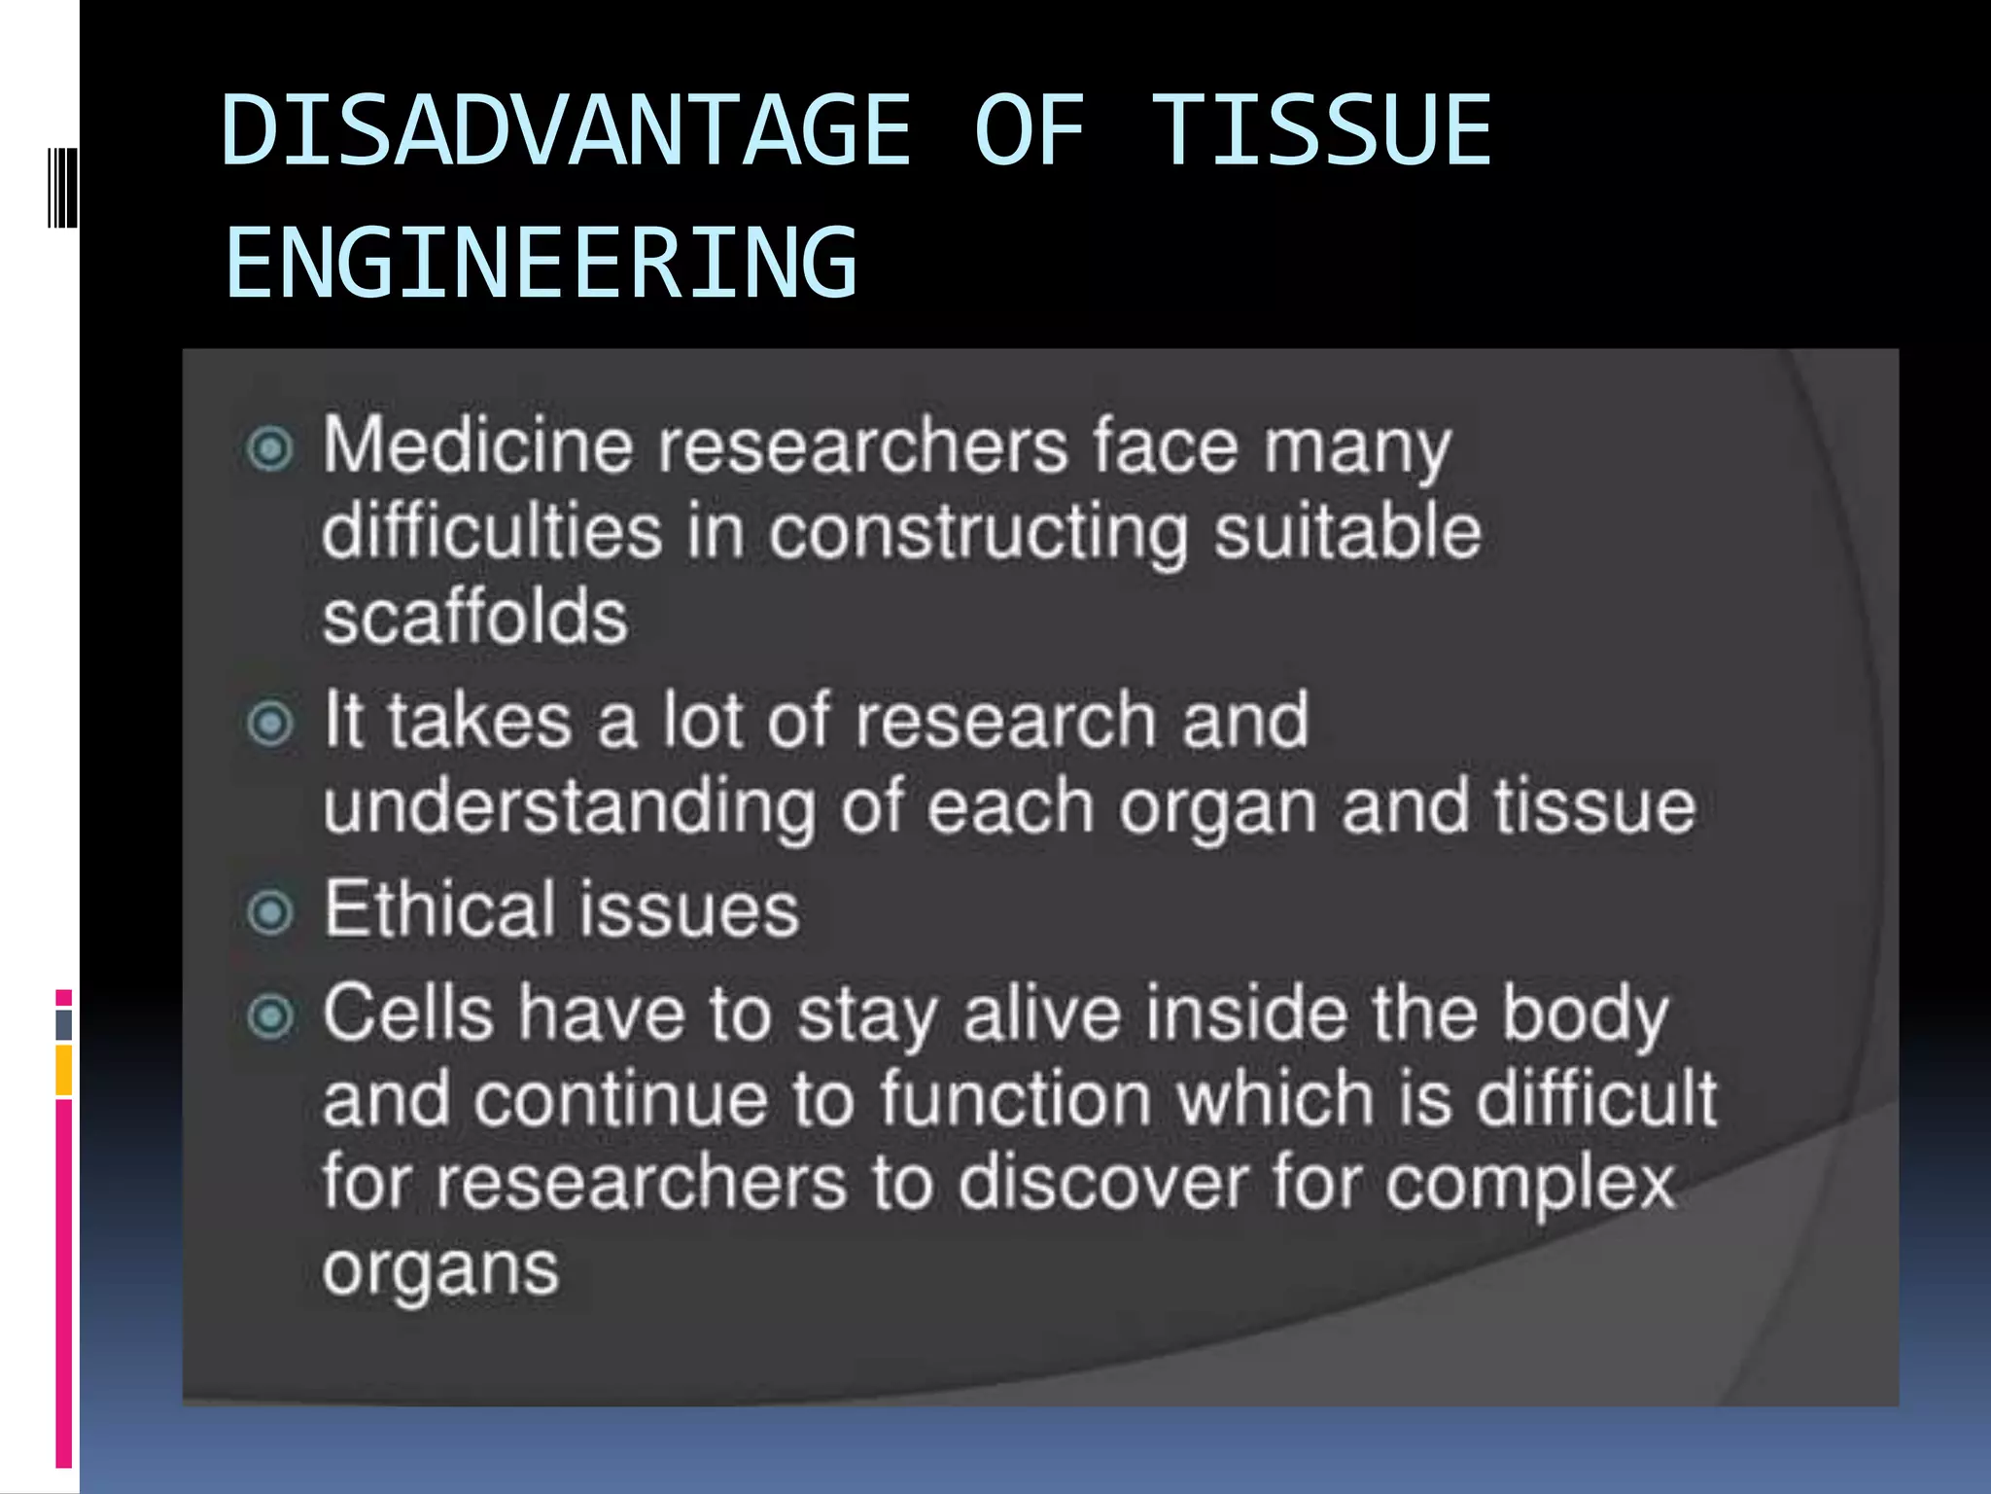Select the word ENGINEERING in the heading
point(541,262)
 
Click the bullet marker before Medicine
point(269,448)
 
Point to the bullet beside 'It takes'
point(269,723)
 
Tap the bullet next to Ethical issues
point(269,912)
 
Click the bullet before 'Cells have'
point(269,1017)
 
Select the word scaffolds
point(475,617)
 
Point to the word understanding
point(570,807)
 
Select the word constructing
point(978,533)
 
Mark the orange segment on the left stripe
point(63,1070)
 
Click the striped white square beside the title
point(63,187)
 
